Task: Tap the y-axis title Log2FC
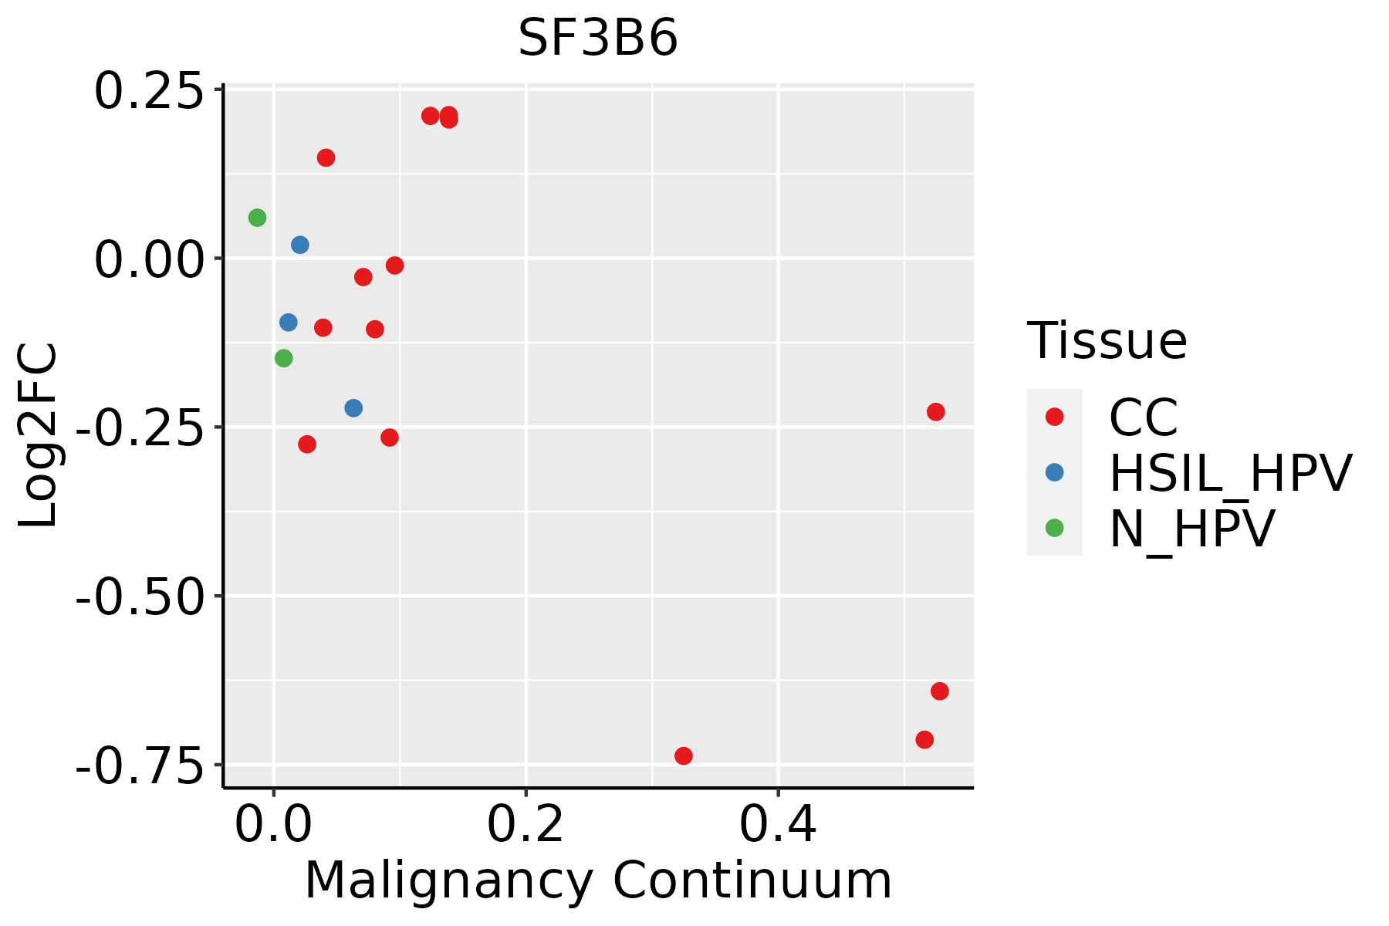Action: (x=39, y=436)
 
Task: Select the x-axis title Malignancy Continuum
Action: (x=598, y=881)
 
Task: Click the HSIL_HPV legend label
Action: (x=1230, y=473)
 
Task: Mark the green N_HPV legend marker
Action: (x=1054, y=528)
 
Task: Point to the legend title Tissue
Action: (x=1107, y=340)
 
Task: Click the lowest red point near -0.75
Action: (x=683, y=755)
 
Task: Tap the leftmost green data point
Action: (x=257, y=218)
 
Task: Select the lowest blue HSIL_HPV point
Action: (x=353, y=408)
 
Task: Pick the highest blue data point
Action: (x=300, y=245)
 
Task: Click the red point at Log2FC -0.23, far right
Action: (x=935, y=412)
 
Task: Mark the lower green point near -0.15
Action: (x=284, y=358)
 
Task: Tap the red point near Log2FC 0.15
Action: (x=326, y=158)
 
